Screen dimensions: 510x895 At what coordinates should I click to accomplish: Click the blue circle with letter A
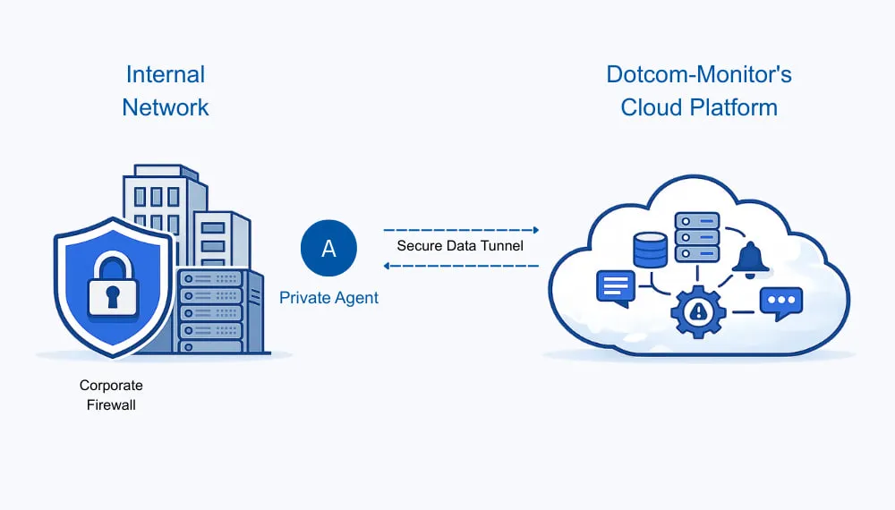point(328,248)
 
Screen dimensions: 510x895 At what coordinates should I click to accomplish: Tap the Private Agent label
point(328,298)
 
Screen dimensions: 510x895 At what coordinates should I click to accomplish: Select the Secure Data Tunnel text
point(460,245)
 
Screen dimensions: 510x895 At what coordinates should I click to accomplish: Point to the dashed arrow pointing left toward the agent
point(460,265)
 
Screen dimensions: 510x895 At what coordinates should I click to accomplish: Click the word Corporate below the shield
point(111,386)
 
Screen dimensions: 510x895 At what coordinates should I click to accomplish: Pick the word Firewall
point(111,404)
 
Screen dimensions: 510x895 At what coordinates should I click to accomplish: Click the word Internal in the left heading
point(166,74)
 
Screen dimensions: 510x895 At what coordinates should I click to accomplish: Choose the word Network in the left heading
point(166,107)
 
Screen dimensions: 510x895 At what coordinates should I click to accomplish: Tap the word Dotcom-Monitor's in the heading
point(699,74)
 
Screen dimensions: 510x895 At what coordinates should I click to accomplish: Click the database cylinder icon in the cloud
point(650,250)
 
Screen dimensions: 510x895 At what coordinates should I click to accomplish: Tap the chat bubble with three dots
point(780,302)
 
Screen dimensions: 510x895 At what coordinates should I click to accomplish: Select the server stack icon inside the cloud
point(697,236)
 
